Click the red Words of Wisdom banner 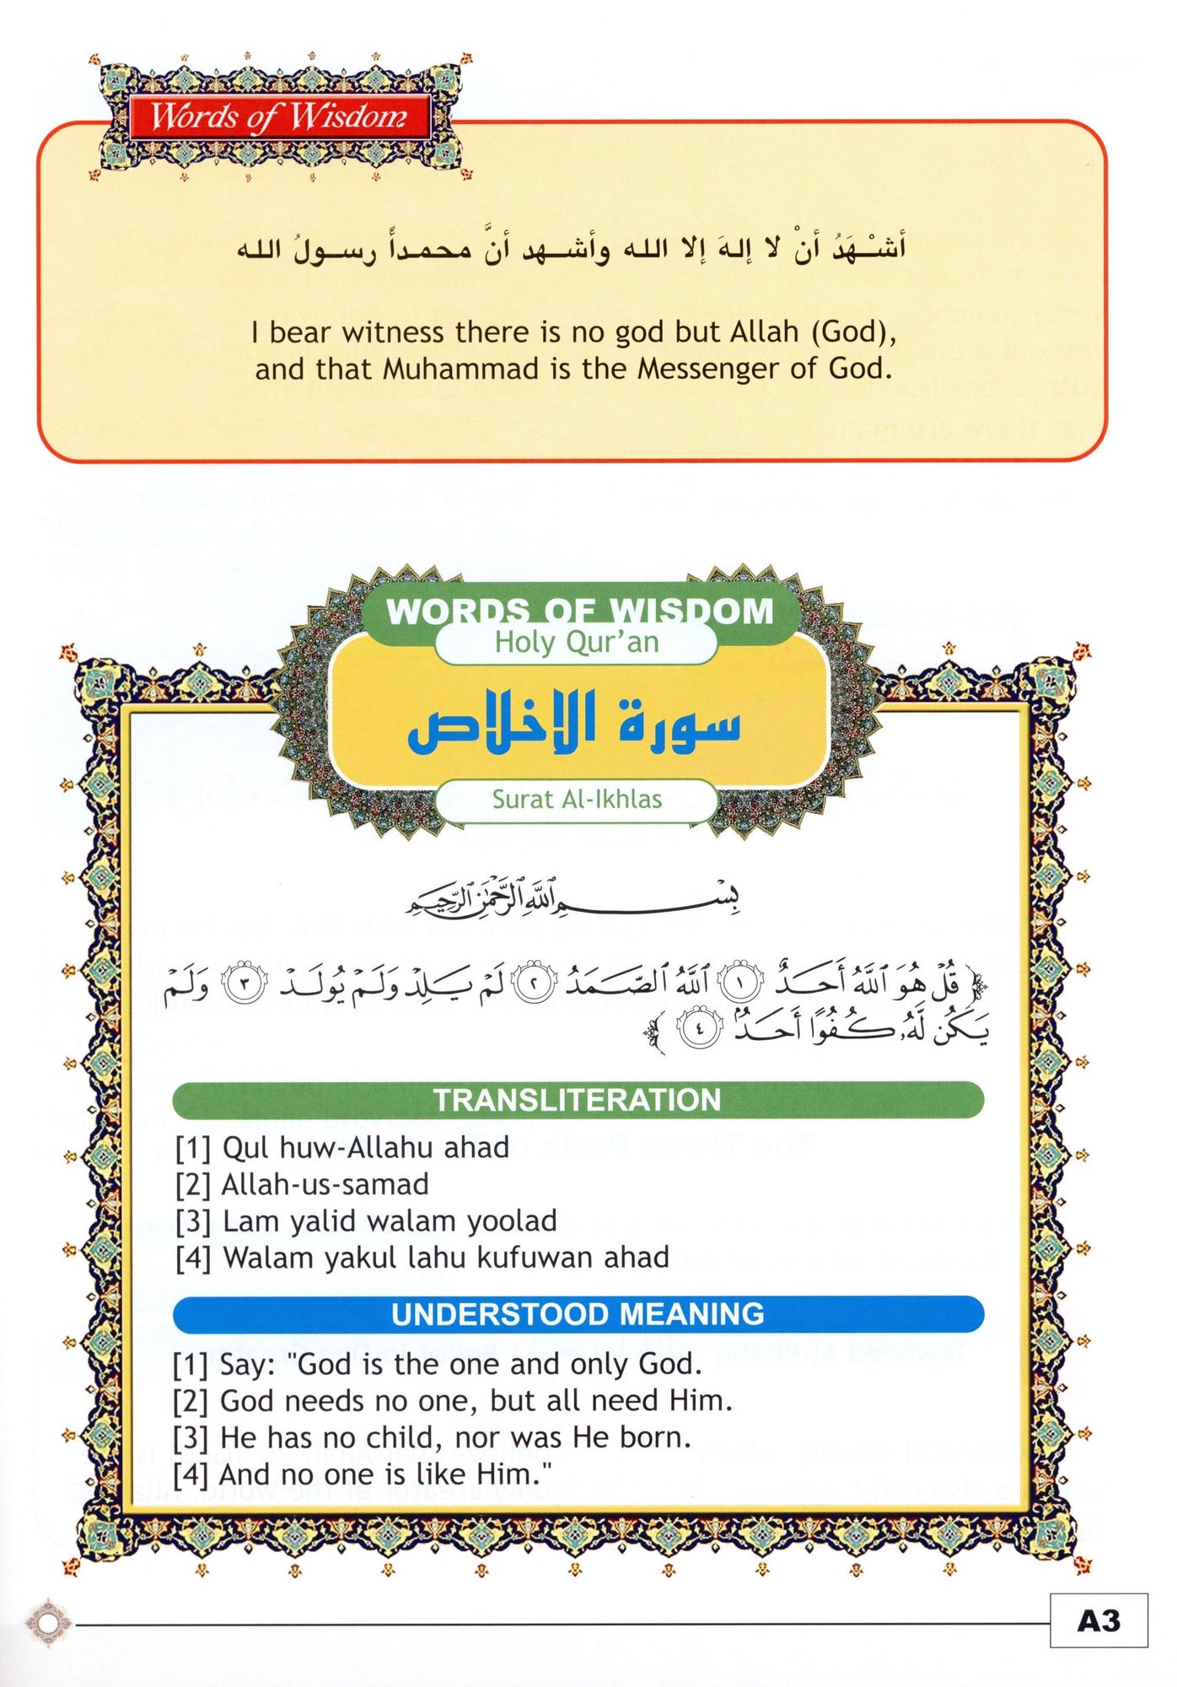278,116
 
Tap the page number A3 1098,1620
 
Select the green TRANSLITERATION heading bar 578,1100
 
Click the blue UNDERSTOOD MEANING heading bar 578,1314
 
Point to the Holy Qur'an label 576,643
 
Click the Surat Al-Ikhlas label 577,799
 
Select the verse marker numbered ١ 741,983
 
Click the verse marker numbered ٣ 244,983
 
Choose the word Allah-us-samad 325,1184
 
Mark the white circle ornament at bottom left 48,1622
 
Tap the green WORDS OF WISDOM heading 579,611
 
